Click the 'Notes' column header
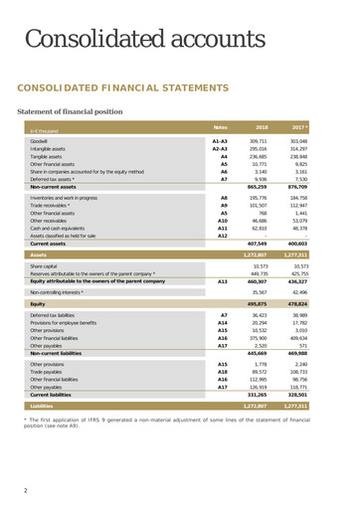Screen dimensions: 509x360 pyautogui.click(x=222, y=128)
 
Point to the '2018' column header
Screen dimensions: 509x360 pyautogui.click(x=262, y=128)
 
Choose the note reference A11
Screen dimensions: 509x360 pyautogui.click(x=223, y=228)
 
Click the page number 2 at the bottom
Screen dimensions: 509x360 pyautogui.click(x=26, y=490)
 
